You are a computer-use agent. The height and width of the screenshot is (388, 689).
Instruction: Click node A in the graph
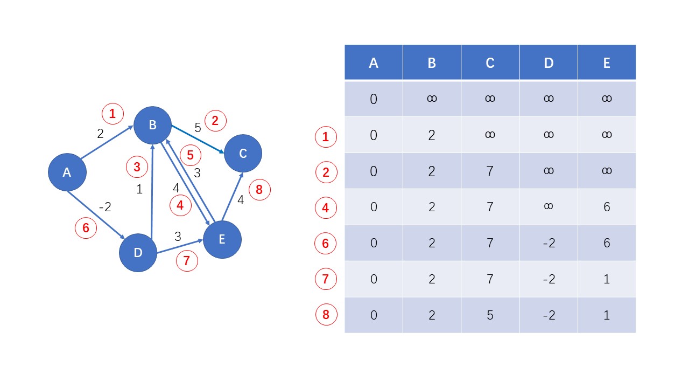[67, 172]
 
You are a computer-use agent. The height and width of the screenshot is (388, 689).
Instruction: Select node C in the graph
[243, 154]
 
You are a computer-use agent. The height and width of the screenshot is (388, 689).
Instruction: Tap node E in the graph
[222, 240]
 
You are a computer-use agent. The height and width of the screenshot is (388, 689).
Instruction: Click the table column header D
[548, 63]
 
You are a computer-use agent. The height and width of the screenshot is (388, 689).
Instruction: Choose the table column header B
[432, 63]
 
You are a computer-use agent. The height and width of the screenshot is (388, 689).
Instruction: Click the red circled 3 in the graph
[137, 167]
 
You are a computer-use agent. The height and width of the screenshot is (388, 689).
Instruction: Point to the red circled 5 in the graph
[190, 156]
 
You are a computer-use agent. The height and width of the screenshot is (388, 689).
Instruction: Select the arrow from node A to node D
[97, 213]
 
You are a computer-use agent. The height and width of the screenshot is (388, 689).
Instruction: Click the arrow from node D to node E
[180, 247]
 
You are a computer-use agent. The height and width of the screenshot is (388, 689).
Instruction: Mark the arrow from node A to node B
[107, 143]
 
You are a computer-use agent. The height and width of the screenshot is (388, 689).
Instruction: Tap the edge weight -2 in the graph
[104, 206]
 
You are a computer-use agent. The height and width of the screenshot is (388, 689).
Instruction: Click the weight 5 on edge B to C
[198, 128]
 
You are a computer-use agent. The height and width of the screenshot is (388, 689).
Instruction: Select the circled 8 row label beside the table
[326, 315]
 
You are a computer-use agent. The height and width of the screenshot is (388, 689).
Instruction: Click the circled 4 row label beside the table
[326, 207]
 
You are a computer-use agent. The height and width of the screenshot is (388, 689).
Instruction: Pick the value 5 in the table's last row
[490, 315]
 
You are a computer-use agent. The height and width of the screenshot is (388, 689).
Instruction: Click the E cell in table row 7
[606, 279]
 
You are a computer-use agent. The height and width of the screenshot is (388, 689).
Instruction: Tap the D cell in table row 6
[548, 243]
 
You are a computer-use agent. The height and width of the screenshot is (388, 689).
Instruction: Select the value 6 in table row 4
[606, 207]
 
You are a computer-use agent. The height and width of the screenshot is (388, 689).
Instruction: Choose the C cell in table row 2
[490, 171]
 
